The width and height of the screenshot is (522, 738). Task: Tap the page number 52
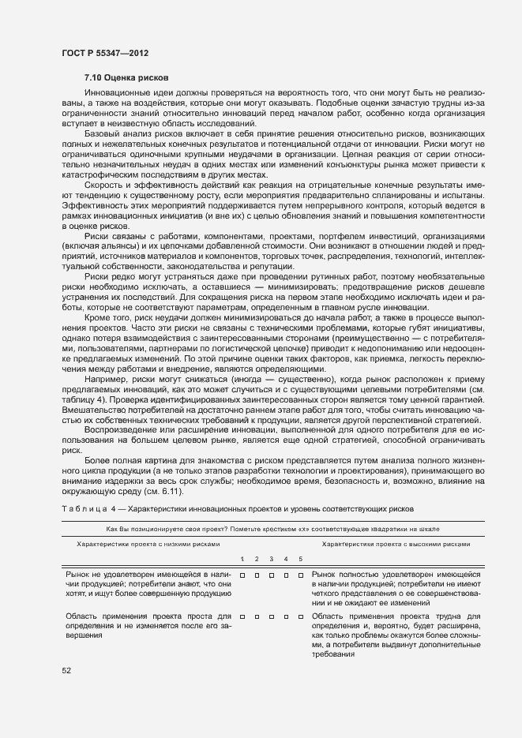(x=66, y=671)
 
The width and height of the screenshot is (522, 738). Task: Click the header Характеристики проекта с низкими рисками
(x=147, y=544)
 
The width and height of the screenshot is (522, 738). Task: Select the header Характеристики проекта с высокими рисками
(x=396, y=544)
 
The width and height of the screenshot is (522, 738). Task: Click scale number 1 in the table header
(x=242, y=559)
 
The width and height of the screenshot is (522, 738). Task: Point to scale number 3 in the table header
(x=271, y=559)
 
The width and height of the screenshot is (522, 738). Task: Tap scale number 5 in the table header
(x=300, y=559)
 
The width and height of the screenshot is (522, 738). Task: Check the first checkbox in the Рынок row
(x=242, y=575)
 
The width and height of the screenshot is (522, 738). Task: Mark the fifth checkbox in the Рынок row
(x=300, y=575)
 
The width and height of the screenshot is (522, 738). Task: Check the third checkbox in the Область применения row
(x=271, y=616)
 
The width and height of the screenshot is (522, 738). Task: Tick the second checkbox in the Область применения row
(x=257, y=616)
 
